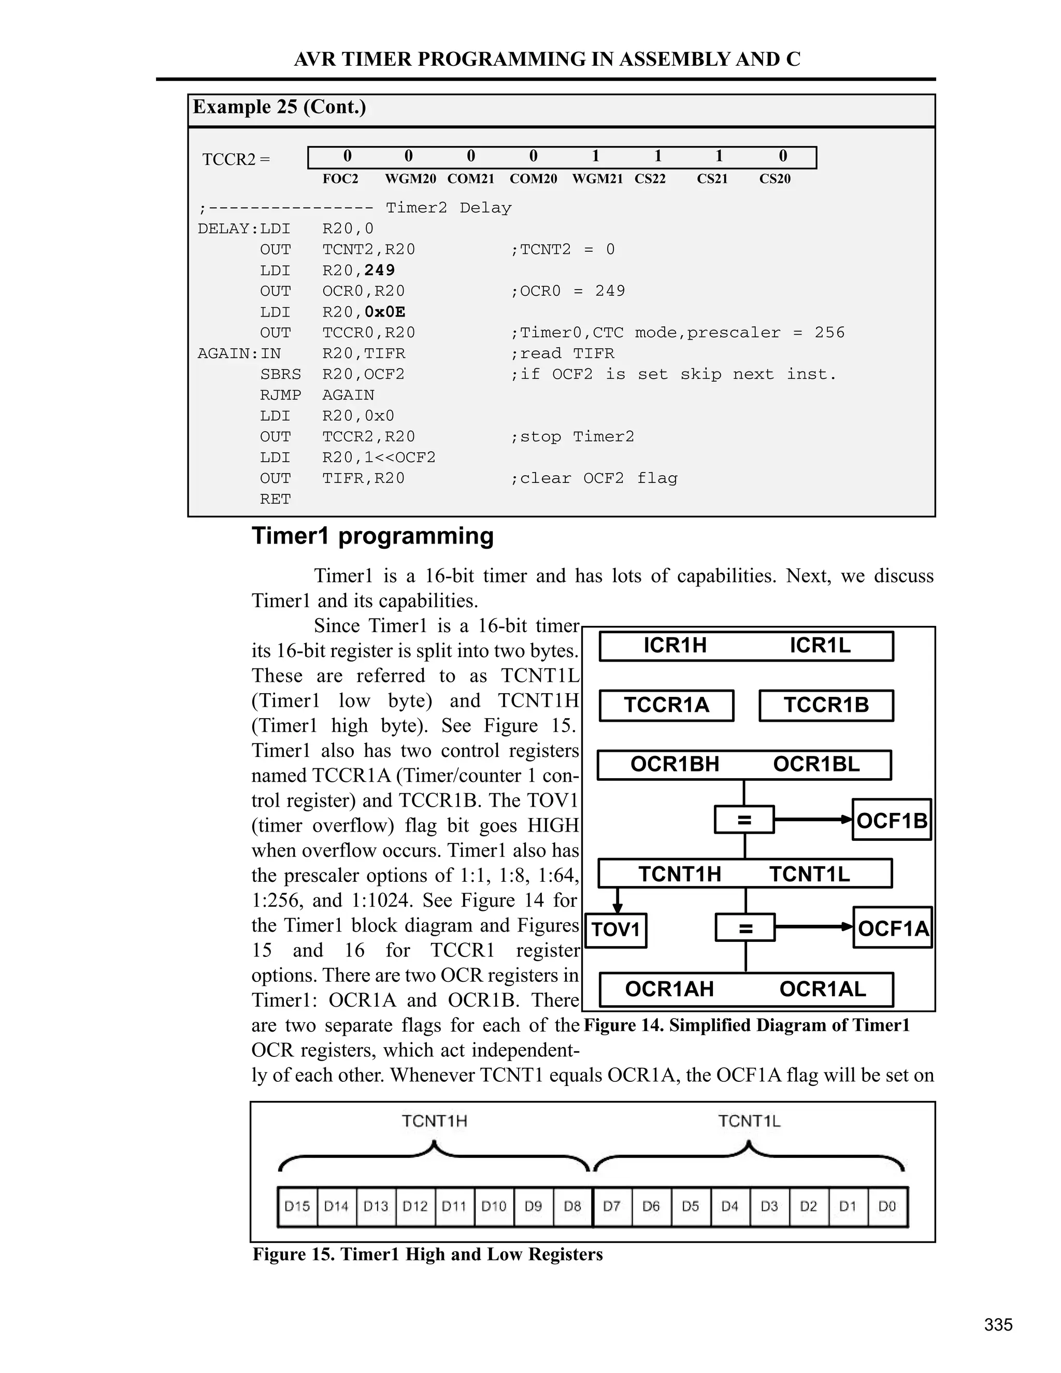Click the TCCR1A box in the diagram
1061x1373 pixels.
pos(666,705)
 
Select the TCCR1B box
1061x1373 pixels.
pos(826,705)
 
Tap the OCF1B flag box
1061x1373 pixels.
pos(891,820)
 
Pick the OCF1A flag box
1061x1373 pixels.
pos(893,928)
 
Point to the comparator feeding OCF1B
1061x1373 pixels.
pos(744,820)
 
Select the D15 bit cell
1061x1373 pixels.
pos(297,1206)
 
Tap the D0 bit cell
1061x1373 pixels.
pos(887,1206)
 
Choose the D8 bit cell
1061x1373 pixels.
pos(572,1206)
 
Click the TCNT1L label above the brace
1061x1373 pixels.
pos(749,1121)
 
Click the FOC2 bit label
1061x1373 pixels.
pos(340,179)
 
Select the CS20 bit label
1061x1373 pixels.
pos(775,179)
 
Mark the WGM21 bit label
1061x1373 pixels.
pos(597,179)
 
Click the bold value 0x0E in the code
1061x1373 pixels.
pos(385,312)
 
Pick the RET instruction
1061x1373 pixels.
pos(275,499)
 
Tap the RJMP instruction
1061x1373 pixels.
pos(280,395)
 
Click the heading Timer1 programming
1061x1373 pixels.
pos(372,536)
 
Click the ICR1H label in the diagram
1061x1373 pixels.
pos(675,646)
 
